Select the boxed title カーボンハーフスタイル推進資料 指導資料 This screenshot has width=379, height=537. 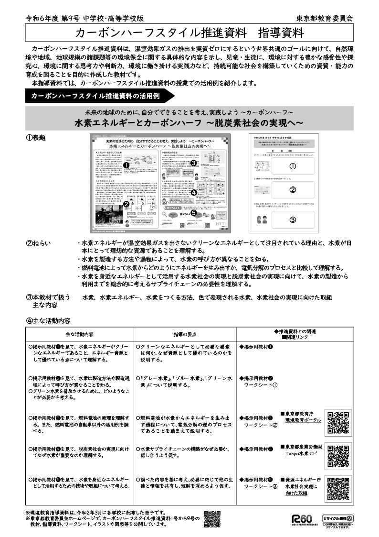click(189, 33)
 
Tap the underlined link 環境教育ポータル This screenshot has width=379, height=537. click(303, 420)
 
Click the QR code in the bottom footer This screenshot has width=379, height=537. click(212, 519)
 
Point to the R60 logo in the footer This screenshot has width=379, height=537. click(302, 519)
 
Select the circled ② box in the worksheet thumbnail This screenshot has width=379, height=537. click(293, 189)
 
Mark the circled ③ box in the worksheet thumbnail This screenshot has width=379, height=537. click(293, 219)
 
